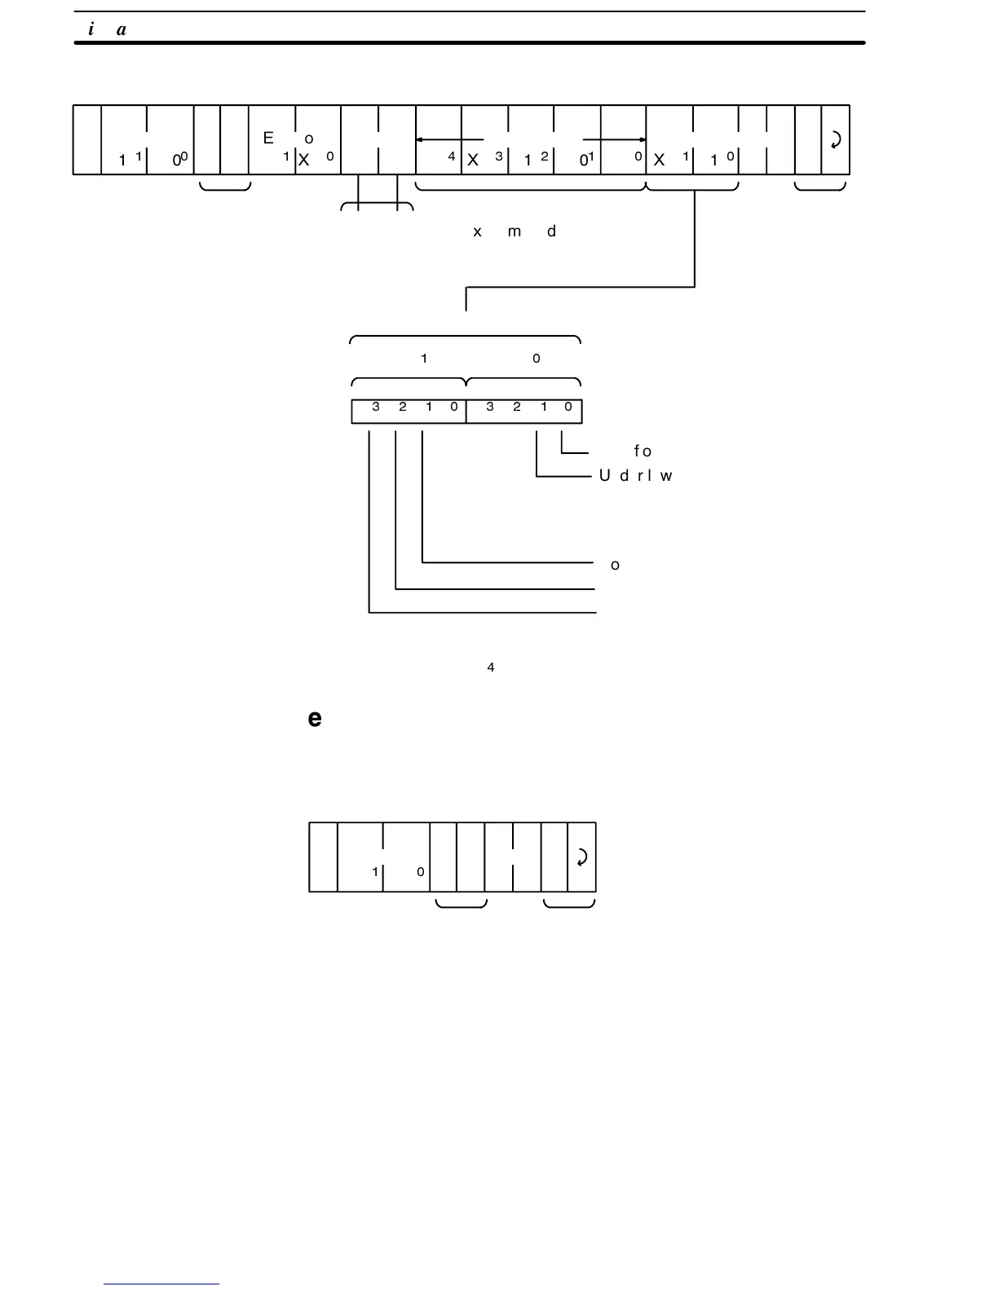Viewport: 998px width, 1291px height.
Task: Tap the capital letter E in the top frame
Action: click(x=268, y=138)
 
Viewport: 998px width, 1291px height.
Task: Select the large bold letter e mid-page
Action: click(x=315, y=718)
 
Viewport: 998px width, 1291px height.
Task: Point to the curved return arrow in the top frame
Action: click(x=835, y=140)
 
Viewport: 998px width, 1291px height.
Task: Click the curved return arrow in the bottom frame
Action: click(x=581, y=857)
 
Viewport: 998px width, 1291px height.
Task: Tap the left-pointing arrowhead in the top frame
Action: click(x=420, y=140)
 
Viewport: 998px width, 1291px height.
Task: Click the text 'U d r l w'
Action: click(x=635, y=476)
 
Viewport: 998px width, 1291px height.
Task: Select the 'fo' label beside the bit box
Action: click(x=643, y=451)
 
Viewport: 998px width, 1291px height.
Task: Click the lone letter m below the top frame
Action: click(x=514, y=231)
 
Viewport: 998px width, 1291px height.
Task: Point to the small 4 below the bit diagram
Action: click(x=490, y=668)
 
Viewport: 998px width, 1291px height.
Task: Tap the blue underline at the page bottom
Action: click(x=161, y=1284)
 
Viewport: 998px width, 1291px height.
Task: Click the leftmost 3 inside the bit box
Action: click(x=376, y=407)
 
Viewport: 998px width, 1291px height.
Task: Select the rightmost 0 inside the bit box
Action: click(x=568, y=407)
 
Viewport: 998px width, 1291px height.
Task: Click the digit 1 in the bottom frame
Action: click(x=375, y=872)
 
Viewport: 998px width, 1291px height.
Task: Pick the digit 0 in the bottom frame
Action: click(x=421, y=872)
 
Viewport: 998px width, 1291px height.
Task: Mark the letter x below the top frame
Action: click(x=477, y=231)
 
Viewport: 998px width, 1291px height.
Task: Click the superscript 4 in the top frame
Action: click(x=452, y=156)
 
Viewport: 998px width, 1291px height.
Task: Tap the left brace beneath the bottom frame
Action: click(x=461, y=903)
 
